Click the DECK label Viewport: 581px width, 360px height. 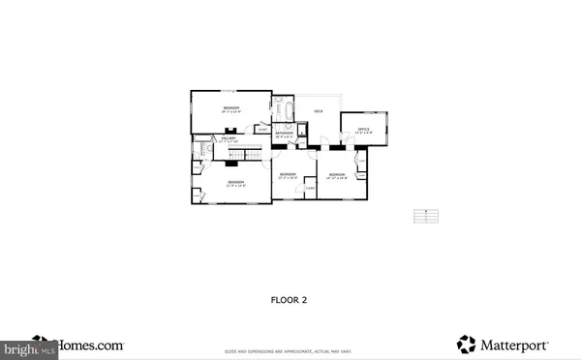coord(318,112)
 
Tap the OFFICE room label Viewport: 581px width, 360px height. coord(364,129)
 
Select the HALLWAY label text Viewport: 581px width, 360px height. coord(229,139)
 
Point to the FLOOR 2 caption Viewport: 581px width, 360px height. coord(289,300)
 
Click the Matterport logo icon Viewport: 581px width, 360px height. coord(466,344)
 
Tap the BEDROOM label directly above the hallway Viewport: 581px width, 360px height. coord(232,106)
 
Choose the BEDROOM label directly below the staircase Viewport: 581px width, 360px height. coord(235,181)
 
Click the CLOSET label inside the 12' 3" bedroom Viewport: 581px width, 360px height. coord(309,186)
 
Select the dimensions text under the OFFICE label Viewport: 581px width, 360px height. coord(364,134)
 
